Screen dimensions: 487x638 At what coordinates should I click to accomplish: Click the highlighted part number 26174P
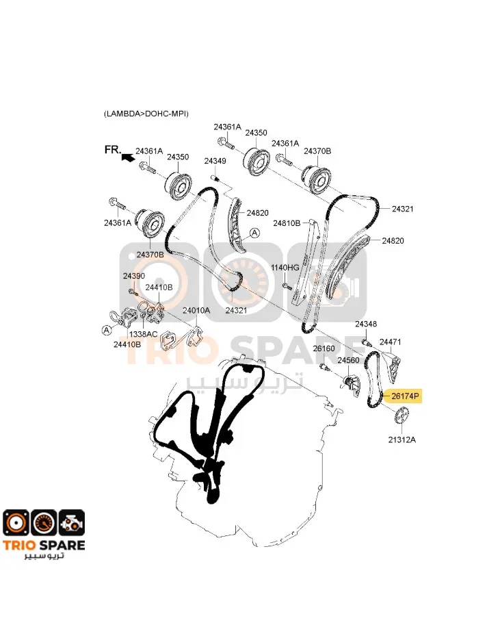[x=404, y=395]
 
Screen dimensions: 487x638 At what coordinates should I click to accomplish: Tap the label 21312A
[x=402, y=439]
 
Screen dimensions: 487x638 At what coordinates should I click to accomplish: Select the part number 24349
[x=215, y=161]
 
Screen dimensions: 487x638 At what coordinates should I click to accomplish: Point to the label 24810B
[x=287, y=223]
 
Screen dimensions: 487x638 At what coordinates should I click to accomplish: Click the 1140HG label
[x=285, y=268]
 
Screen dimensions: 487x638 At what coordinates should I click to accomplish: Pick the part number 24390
[x=134, y=276]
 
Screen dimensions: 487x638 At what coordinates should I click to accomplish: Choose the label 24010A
[x=196, y=311]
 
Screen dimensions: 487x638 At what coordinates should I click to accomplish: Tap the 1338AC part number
[x=144, y=334]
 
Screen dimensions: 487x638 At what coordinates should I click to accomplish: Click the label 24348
[x=366, y=324]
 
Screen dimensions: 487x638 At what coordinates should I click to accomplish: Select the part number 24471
[x=391, y=342]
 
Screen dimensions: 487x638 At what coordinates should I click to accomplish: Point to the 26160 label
[x=324, y=348]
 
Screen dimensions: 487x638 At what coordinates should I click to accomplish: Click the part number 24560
[x=348, y=360]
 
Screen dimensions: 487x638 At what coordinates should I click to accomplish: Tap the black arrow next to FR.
[x=128, y=157]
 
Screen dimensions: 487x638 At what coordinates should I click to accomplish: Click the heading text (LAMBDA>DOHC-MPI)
[x=146, y=114]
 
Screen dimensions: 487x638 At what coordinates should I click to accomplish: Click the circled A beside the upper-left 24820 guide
[x=254, y=233]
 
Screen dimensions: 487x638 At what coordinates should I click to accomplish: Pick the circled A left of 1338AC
[x=107, y=330]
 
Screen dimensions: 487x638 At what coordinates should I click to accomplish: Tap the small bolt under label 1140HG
[x=287, y=285]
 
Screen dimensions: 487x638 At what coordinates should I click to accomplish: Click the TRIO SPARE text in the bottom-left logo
[x=44, y=545]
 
